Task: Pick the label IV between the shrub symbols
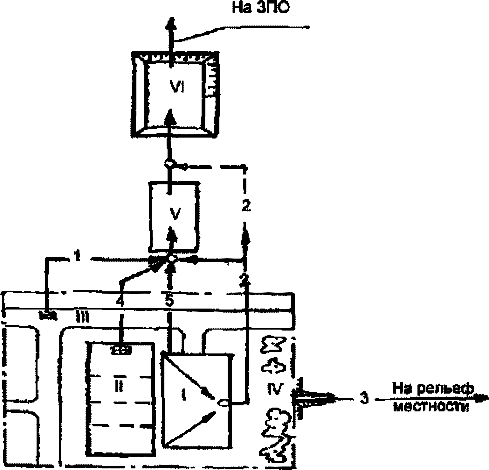tap(274, 389)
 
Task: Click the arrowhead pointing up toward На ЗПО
tap(171, 24)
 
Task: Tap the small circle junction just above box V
tap(169, 164)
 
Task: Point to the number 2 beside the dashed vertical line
tap(246, 206)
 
